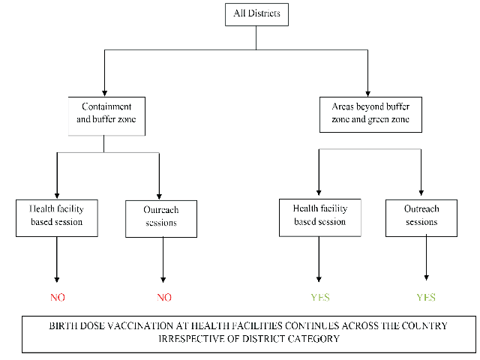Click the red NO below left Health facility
point(58,297)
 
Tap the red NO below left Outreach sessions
point(164,297)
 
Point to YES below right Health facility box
point(320,297)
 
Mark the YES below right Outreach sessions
point(426,297)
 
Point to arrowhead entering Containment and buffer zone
point(105,93)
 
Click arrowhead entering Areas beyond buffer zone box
point(367,93)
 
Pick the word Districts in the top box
point(264,13)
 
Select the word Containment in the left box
point(106,106)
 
